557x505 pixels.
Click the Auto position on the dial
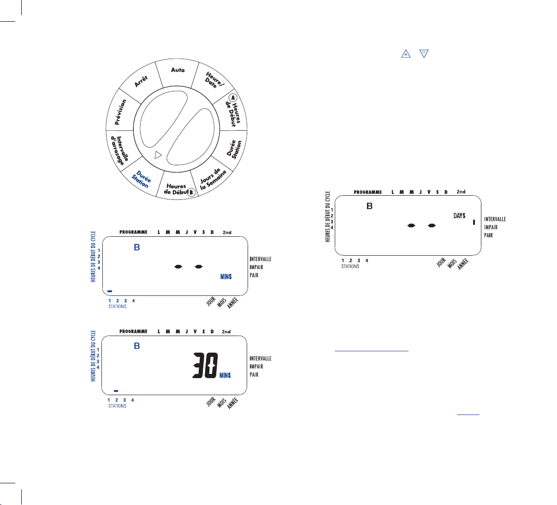[178, 70]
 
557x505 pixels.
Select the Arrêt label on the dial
[141, 81]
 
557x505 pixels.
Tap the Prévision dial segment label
[121, 112]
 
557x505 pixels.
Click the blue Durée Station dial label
[142, 180]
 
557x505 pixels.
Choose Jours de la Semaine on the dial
[213, 179]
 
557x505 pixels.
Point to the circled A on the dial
[233, 98]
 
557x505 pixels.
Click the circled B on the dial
[191, 192]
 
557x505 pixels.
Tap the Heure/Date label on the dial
[214, 80]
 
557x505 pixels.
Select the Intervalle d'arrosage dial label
[120, 150]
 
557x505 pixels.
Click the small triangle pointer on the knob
[158, 155]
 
